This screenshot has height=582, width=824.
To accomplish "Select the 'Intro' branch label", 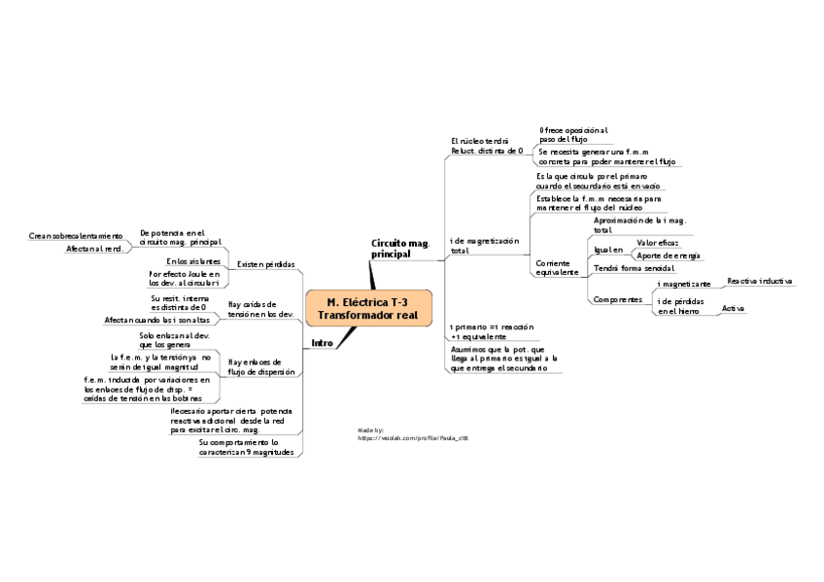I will (322, 343).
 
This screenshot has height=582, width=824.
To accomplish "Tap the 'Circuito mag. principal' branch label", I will (400, 248).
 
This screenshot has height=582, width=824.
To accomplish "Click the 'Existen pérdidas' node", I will (265, 264).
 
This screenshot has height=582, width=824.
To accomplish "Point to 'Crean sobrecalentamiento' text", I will (76, 236).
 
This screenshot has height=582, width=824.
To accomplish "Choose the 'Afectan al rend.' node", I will (94, 250).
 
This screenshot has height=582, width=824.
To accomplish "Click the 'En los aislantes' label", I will (193, 260).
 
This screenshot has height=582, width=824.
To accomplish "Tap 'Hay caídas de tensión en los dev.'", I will (259, 309).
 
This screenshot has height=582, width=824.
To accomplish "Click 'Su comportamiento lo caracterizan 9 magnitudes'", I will (246, 447).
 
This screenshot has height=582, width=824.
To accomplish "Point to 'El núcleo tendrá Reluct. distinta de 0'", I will (487, 146).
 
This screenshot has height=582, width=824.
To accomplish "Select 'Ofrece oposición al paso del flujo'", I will (573, 135).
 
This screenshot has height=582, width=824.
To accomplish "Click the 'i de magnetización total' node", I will (485, 245).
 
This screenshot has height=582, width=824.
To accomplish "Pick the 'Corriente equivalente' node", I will (557, 267).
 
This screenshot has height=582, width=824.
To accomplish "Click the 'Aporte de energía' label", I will (668, 255).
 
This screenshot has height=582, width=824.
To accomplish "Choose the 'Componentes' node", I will (617, 299).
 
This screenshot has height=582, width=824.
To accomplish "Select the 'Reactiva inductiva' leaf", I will (760, 280).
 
